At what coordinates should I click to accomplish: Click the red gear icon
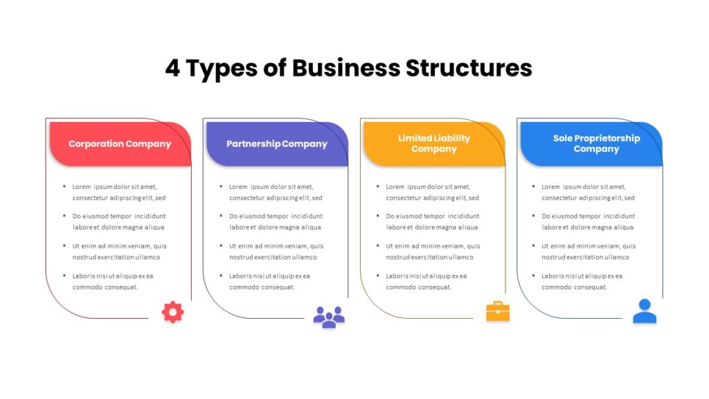click(172, 312)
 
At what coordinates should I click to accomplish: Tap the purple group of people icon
click(329, 317)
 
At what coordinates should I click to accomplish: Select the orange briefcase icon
click(498, 311)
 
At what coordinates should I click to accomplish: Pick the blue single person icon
click(645, 311)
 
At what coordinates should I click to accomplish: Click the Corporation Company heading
click(120, 144)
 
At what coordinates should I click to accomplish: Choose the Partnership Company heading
click(277, 144)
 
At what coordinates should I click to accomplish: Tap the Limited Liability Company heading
click(434, 143)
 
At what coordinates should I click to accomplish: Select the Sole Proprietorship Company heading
click(596, 143)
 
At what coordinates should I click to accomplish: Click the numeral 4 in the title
click(172, 68)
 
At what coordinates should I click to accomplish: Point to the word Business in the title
click(346, 68)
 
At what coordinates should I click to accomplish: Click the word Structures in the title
click(469, 68)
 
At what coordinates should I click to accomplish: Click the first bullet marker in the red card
click(64, 186)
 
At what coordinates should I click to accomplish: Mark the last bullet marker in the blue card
click(534, 276)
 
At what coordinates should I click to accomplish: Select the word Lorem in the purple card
click(238, 186)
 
